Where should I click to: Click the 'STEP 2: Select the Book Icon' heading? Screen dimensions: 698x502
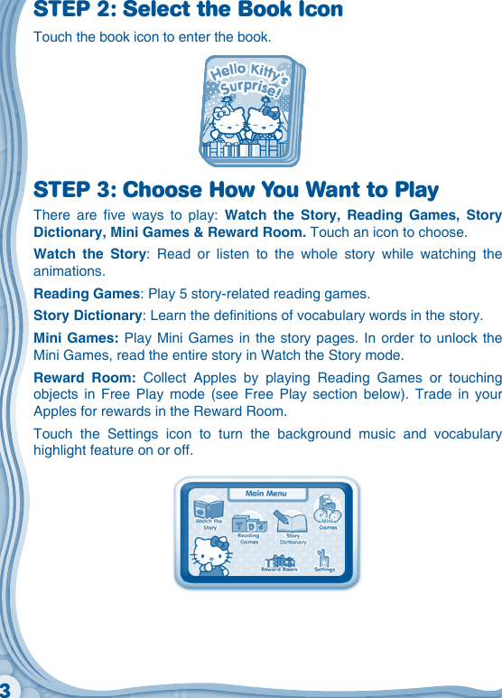click(x=188, y=11)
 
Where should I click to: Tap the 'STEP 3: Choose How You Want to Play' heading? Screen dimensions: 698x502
click(x=236, y=191)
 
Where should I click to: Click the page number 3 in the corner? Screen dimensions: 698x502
click(x=5, y=690)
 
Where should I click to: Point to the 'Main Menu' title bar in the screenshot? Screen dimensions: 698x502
click(x=265, y=494)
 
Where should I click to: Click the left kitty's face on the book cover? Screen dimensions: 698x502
click(x=229, y=121)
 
